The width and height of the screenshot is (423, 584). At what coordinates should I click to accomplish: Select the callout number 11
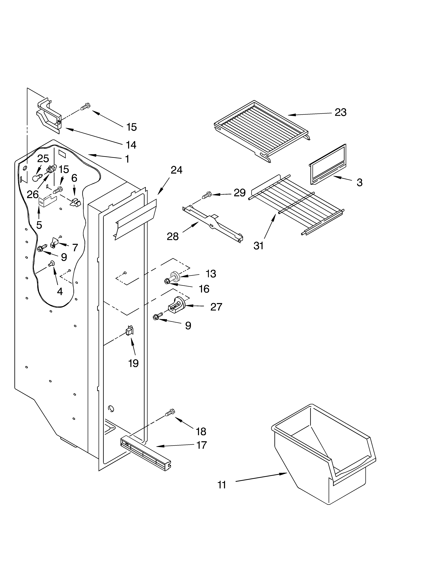coord(222,485)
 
